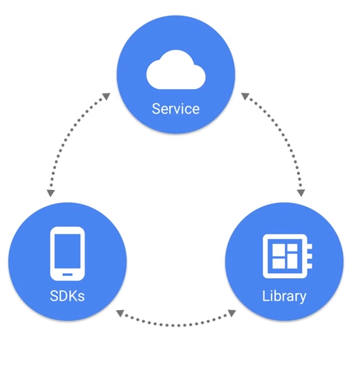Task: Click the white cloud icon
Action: [x=176, y=70]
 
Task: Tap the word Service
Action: [x=176, y=109]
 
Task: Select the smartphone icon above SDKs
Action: [x=68, y=254]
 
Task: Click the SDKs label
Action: [x=68, y=296]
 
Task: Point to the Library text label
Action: [x=284, y=296]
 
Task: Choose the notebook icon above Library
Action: [x=287, y=256]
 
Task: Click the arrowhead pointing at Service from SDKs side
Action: [x=107, y=96]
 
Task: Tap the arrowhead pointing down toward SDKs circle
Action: [x=50, y=193]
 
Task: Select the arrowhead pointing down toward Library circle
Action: [x=301, y=193]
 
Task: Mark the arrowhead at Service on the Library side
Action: [x=245, y=96]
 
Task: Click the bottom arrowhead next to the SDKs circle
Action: [x=120, y=313]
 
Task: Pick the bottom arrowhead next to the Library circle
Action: [x=232, y=313]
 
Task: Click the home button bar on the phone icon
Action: [x=68, y=275]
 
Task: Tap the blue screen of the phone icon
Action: [x=68, y=251]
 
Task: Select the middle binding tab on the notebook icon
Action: [x=310, y=256]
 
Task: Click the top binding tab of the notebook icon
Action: [x=310, y=246]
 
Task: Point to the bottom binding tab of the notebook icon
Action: [x=310, y=266]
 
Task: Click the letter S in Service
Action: [x=156, y=109]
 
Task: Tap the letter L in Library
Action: [x=266, y=295]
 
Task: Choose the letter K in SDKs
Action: [x=73, y=296]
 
